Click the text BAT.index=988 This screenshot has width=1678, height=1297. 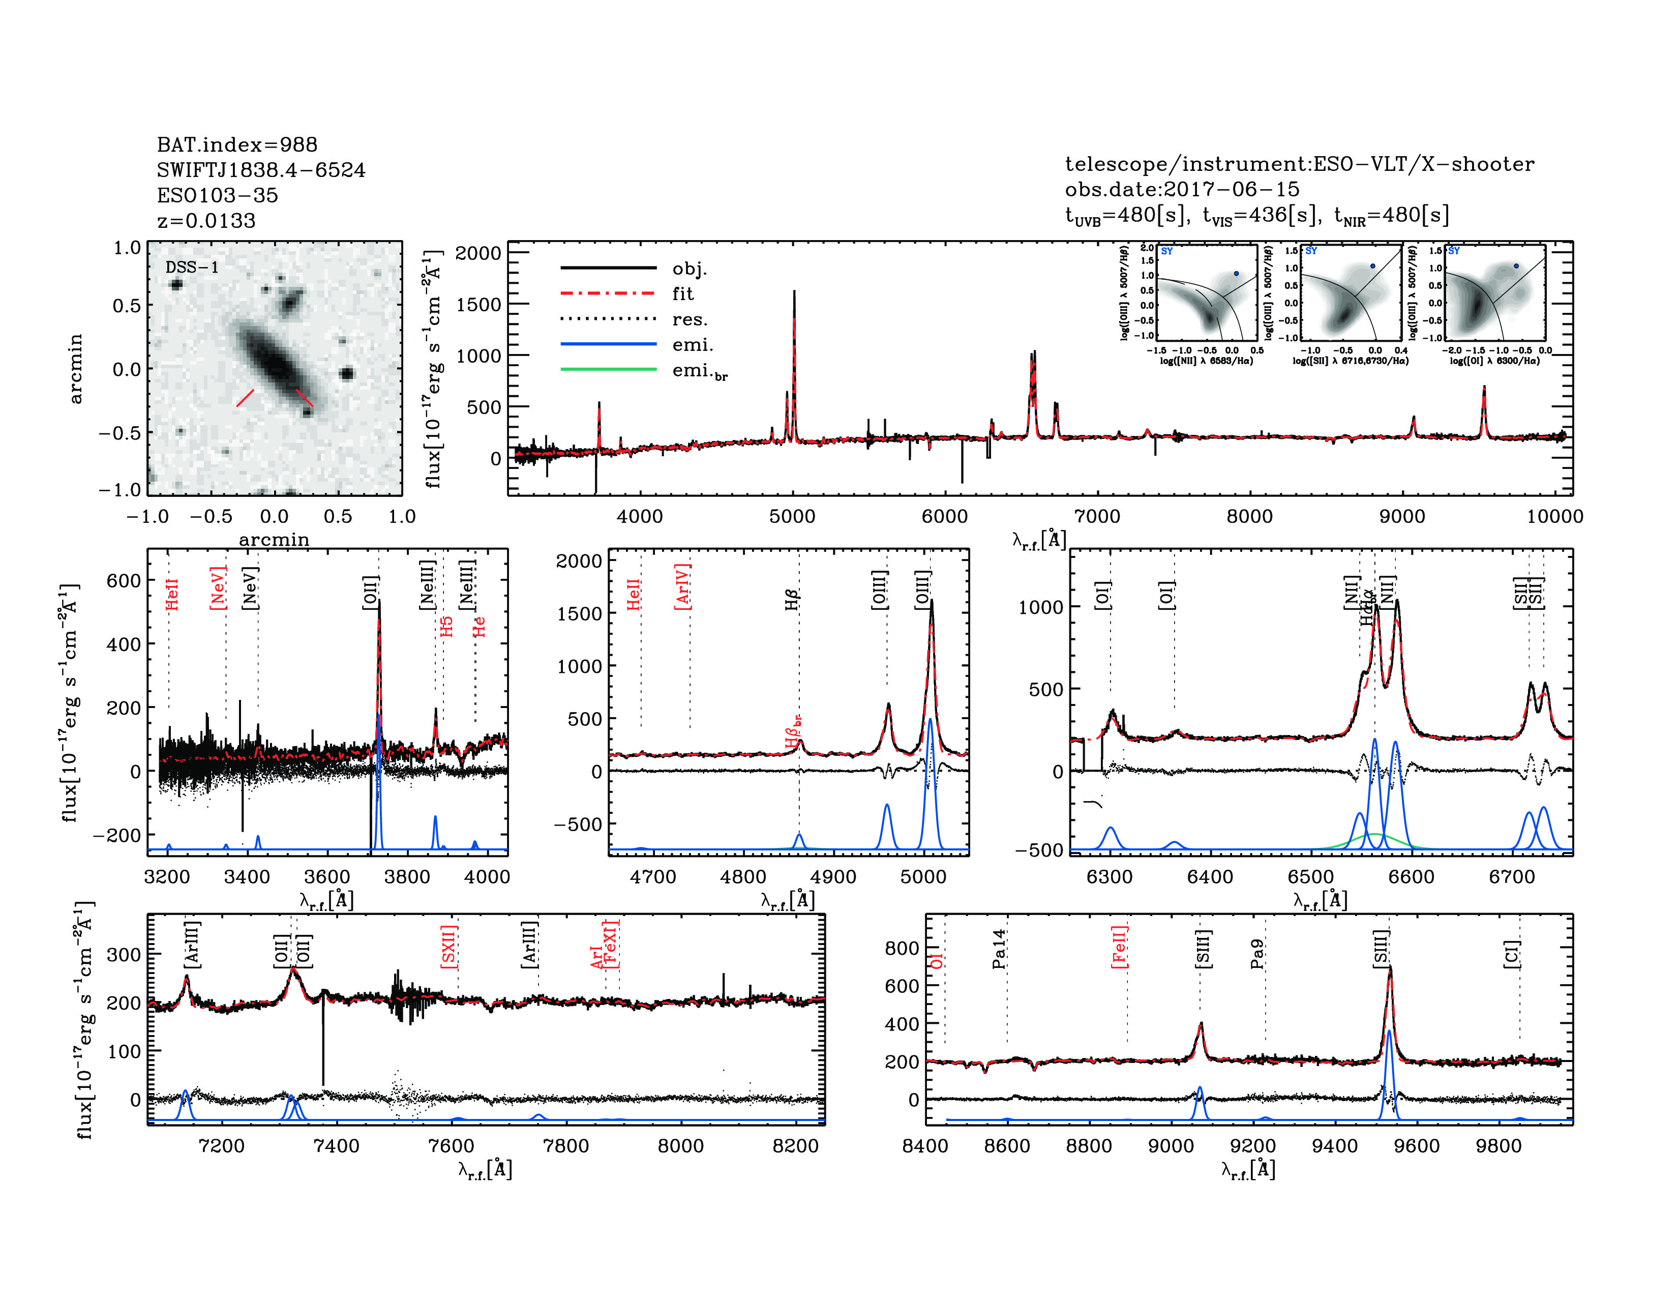coord(236,144)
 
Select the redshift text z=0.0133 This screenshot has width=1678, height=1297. coord(206,221)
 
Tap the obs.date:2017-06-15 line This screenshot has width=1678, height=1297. coord(1182,189)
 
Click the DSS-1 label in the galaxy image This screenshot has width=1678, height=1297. coord(192,268)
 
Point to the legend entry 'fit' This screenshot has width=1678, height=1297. coord(682,293)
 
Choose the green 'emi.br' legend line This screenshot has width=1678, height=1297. coord(609,370)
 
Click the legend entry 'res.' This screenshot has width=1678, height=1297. coord(689,319)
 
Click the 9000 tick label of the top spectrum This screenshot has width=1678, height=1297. coord(1402,516)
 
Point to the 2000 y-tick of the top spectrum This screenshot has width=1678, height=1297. coord(478,253)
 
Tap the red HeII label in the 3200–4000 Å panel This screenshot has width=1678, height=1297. coord(172,594)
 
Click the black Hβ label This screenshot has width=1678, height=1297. coord(792,599)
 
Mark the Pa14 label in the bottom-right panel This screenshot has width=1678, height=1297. coord(999,949)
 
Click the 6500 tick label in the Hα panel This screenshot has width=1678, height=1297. coord(1311,877)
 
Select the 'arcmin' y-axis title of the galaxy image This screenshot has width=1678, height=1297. coord(75,369)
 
